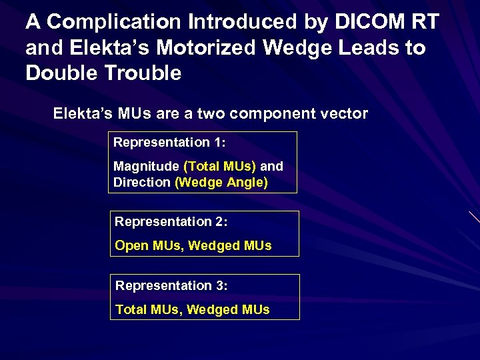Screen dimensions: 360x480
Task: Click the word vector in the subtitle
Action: [x=343, y=113]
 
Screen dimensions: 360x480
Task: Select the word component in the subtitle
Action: [x=270, y=113]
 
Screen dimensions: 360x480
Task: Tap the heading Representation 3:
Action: [x=172, y=285]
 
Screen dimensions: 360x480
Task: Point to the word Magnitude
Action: [x=146, y=166]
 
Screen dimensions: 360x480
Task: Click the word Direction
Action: [x=142, y=182]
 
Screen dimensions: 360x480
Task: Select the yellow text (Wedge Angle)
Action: [x=221, y=182]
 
